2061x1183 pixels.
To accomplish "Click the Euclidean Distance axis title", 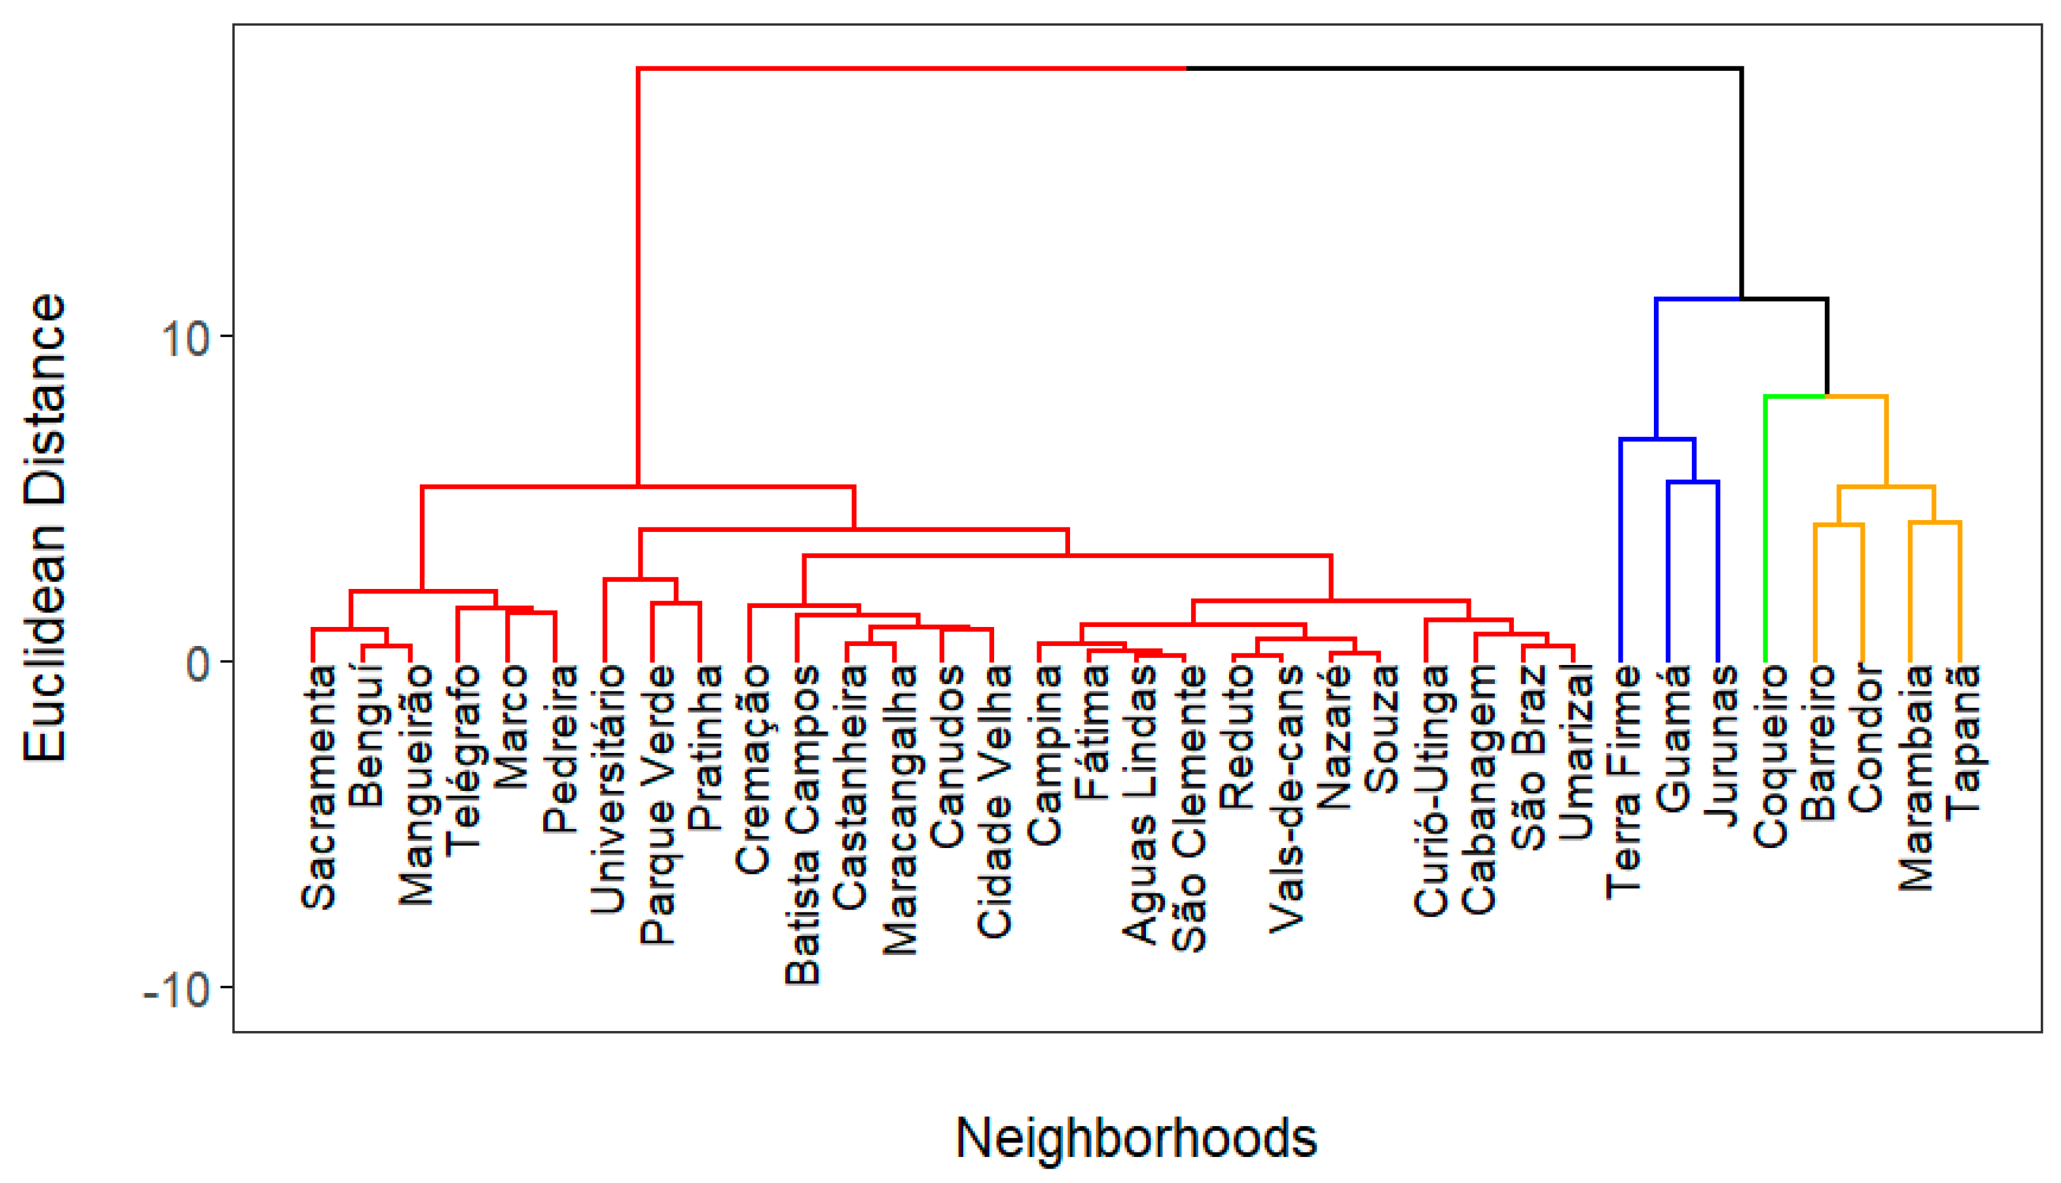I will tap(45, 528).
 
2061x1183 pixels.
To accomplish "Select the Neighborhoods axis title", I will tap(1136, 1137).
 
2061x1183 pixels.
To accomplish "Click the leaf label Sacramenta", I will tap(318, 787).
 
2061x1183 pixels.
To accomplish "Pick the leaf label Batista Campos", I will tap(803, 825).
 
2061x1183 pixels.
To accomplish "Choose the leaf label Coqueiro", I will tap(1770, 756).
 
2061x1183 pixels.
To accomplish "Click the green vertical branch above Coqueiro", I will tap(1765, 528).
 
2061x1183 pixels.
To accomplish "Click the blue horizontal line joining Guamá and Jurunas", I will tap(1693, 482).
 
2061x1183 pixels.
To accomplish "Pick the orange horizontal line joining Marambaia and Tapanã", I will tap(1935, 522).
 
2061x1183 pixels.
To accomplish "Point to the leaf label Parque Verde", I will tap(657, 804).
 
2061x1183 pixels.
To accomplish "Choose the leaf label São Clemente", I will tap(1189, 809).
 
